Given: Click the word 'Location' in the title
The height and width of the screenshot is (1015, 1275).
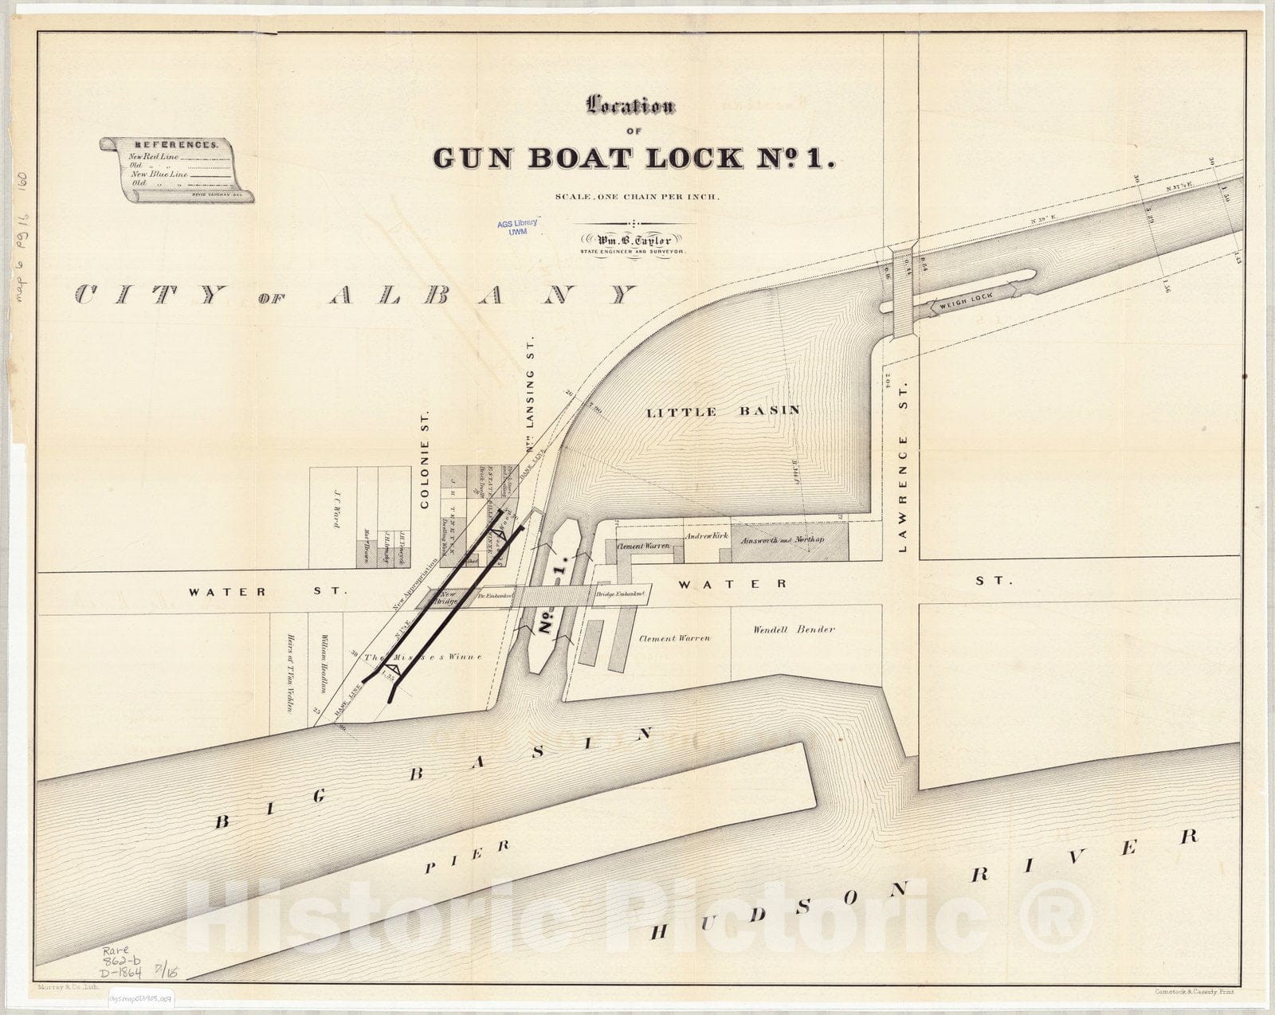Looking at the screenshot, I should [630, 107].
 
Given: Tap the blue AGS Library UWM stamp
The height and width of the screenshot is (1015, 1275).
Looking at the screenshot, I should [517, 226].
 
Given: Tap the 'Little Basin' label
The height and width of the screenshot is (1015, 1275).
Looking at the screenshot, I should [722, 412].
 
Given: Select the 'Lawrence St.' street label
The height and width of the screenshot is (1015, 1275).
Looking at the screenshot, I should [903, 494].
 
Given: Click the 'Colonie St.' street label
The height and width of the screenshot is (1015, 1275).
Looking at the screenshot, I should [425, 461].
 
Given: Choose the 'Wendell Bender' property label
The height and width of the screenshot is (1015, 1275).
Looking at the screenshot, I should [794, 629].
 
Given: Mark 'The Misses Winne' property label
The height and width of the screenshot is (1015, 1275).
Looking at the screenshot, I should [422, 658].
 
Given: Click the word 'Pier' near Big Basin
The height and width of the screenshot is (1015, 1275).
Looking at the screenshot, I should [467, 858].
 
